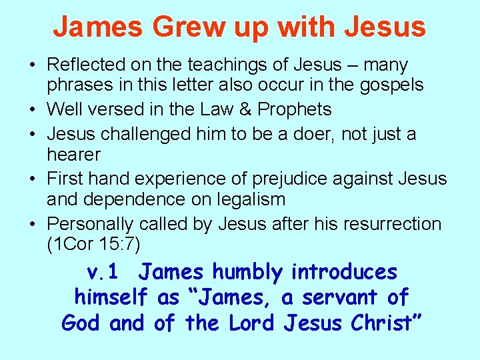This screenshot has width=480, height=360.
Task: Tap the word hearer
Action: point(73,155)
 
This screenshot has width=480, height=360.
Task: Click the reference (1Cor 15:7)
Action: point(93,245)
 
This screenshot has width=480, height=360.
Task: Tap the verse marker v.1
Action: point(103,272)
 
